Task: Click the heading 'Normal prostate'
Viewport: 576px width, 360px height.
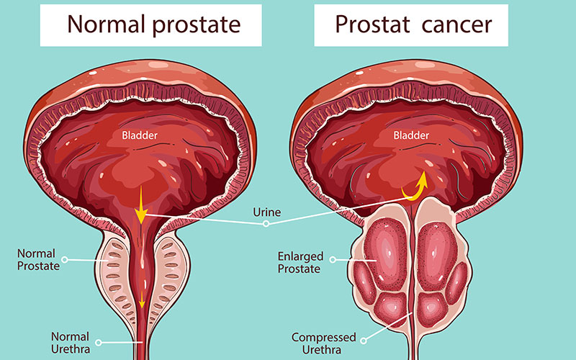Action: (x=154, y=25)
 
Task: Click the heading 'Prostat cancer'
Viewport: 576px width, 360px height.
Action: (x=413, y=25)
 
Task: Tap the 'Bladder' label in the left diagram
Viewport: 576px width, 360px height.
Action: (x=140, y=135)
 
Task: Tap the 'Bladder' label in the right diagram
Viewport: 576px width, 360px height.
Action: (x=411, y=135)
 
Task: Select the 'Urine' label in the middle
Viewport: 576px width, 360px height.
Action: (x=266, y=212)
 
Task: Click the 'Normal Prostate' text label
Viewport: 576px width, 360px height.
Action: (x=38, y=260)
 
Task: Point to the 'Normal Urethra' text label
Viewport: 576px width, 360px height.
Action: (x=71, y=343)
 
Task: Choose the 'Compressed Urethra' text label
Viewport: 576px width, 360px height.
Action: (x=323, y=343)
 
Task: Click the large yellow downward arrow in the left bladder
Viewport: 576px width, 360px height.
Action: (x=140, y=205)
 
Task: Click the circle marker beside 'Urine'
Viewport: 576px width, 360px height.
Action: (x=266, y=224)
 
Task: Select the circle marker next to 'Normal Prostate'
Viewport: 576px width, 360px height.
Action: (x=65, y=260)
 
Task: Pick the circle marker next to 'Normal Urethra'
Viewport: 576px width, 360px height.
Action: (x=99, y=343)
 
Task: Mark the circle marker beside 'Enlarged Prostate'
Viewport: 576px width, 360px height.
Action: (x=333, y=260)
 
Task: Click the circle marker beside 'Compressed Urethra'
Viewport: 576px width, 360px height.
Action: (x=364, y=341)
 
